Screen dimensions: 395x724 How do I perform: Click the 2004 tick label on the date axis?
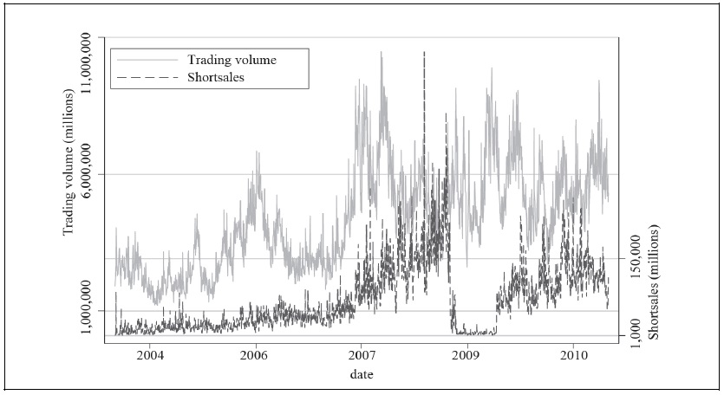(x=150, y=355)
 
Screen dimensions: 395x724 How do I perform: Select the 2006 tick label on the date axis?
(x=254, y=355)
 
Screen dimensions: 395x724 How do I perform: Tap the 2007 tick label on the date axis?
(x=361, y=355)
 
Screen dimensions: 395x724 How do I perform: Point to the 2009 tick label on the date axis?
(x=466, y=355)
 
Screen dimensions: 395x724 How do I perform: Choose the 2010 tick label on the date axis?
(x=573, y=355)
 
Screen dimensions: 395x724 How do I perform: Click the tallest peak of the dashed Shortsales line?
(x=424, y=54)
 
